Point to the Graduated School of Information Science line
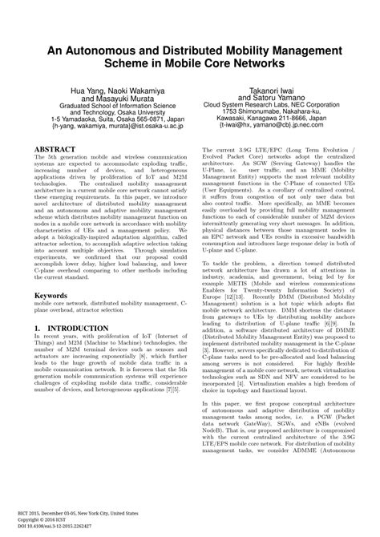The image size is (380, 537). pyautogui.click(x=109, y=111)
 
